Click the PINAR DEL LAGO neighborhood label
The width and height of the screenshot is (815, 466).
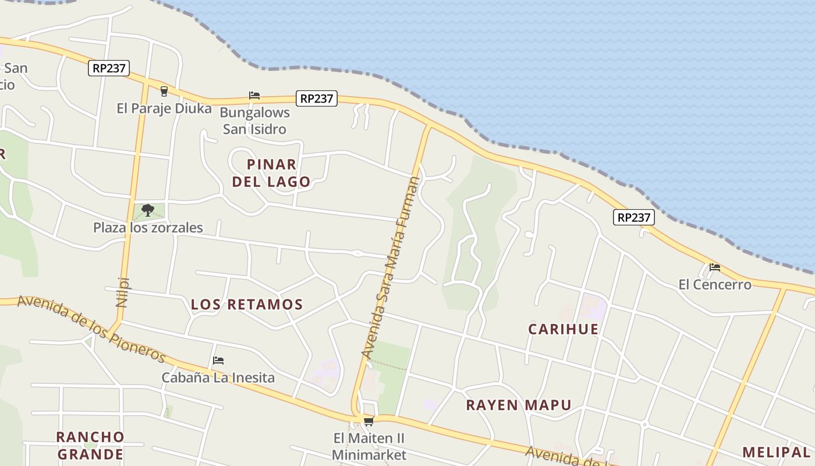coord(271,173)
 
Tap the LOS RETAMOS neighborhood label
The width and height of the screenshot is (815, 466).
coord(247,304)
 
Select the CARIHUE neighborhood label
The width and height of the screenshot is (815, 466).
coord(563,329)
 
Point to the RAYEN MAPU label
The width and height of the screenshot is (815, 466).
coord(518,405)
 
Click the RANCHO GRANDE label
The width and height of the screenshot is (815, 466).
coord(90,446)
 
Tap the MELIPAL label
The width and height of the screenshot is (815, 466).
coord(776,452)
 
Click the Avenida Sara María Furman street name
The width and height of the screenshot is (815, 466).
coord(390,267)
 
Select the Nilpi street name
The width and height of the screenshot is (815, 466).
coord(122,291)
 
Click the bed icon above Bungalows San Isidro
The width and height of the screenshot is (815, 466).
coord(254,95)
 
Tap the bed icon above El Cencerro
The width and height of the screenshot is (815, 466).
coord(715,267)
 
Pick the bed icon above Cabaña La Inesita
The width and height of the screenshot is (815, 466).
coord(218,361)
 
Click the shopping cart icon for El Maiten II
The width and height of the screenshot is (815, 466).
coord(368,421)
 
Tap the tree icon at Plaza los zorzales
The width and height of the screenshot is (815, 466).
coord(148,210)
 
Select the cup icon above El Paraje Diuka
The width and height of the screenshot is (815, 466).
coord(164,91)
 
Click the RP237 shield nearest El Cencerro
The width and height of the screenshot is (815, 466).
coord(633,217)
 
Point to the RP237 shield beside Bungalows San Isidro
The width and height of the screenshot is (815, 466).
coord(316,98)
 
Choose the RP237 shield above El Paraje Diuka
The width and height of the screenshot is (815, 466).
coord(109,68)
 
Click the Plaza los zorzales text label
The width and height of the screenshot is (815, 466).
coord(148,227)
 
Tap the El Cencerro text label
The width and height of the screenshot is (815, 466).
coord(715,285)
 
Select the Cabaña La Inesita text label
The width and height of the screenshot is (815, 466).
coord(218,377)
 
